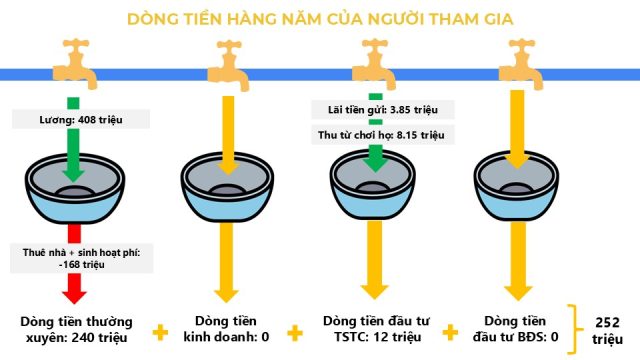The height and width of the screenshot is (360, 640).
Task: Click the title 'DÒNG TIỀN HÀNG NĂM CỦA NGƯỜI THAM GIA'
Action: coord(320,19)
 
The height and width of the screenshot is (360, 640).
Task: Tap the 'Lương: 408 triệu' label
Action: coord(81,120)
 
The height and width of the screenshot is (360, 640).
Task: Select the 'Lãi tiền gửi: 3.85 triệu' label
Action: coord(383,110)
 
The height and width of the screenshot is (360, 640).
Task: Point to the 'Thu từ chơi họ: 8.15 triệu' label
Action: coord(381,135)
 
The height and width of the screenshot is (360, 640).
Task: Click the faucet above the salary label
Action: coord(76,63)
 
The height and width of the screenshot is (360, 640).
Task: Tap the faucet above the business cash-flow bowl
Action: coord(229,65)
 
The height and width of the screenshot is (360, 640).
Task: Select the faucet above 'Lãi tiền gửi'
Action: coord(374,64)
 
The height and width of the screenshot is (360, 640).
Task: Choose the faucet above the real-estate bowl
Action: coord(521,64)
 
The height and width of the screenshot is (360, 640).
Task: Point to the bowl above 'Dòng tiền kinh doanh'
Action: coord(227,187)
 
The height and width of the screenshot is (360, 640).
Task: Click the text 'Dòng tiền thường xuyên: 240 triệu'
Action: coord(76,329)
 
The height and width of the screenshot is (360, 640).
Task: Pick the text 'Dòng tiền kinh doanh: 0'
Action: coord(226,329)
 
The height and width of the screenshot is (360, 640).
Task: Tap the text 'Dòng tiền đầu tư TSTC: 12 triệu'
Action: coord(376,329)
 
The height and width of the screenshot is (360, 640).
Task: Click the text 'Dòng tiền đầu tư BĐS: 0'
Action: coord(515,329)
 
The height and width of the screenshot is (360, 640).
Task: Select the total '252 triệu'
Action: coord(607,331)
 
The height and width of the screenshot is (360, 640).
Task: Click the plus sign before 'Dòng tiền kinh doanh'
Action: coord(160,332)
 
